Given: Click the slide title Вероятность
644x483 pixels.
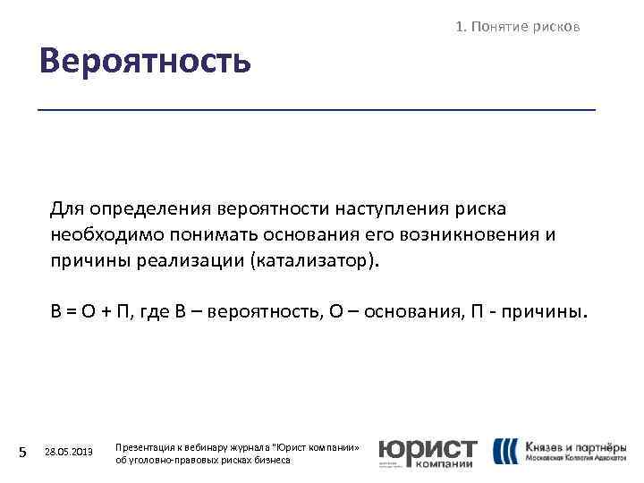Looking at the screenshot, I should click(x=144, y=63).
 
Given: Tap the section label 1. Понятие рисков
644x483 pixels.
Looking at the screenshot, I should click(x=518, y=27).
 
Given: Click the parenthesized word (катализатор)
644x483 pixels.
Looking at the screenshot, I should click(x=316, y=260).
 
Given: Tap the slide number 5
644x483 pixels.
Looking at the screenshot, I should click(x=23, y=453).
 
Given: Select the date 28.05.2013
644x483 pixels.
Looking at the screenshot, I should click(x=68, y=453).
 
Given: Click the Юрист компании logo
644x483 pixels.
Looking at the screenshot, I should click(x=427, y=453).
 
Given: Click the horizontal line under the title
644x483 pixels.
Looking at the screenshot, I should click(x=317, y=109).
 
